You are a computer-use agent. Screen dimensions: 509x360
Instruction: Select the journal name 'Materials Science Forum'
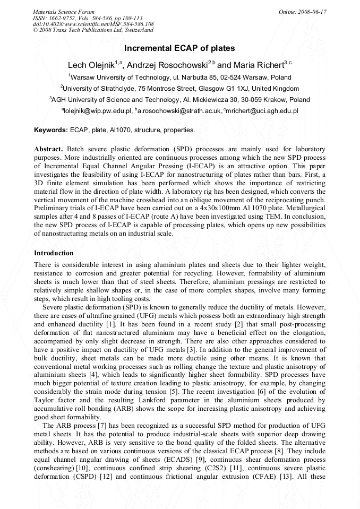[64, 11]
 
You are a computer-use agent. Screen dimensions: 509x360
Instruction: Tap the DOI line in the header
[93, 24]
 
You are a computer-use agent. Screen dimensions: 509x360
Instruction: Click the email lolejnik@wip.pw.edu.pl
[99, 111]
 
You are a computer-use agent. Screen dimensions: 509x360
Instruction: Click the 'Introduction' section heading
[54, 253]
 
